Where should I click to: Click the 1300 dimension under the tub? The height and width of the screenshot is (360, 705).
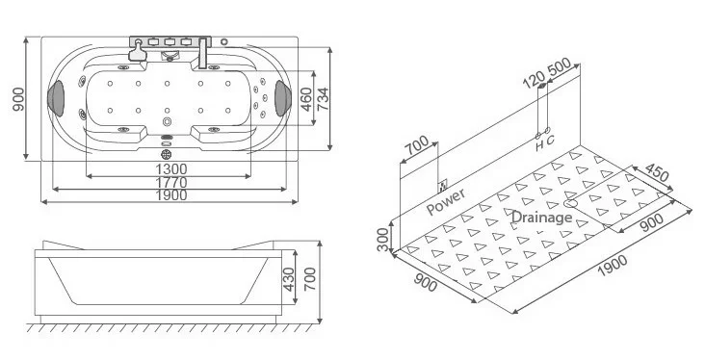[x=170, y=169]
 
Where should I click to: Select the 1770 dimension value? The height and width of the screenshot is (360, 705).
[x=170, y=183]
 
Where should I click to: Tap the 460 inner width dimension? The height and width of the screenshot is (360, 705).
[x=305, y=99]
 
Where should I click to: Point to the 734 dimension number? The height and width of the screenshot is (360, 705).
[x=323, y=99]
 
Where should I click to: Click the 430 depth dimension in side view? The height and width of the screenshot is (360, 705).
[x=288, y=279]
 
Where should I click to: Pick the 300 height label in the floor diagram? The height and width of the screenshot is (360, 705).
[x=383, y=240]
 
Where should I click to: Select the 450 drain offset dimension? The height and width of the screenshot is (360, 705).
[x=657, y=172]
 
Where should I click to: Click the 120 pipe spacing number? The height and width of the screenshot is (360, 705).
[x=534, y=80]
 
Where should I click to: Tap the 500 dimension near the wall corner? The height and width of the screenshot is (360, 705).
[x=560, y=67]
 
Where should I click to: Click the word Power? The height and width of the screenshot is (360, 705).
[x=446, y=202]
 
